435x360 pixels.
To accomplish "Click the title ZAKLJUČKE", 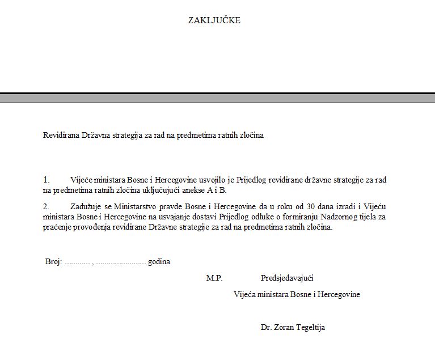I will click(x=214, y=20).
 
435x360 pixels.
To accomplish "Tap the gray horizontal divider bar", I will click(x=217, y=99).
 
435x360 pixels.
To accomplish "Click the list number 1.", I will click(x=47, y=180).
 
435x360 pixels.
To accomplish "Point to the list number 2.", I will click(x=47, y=206).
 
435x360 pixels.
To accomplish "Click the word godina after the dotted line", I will click(x=159, y=262).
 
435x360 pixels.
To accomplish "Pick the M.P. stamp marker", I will click(x=214, y=278).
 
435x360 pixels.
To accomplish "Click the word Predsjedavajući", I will click(x=287, y=278).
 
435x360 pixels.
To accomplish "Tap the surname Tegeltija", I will click(x=311, y=327).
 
